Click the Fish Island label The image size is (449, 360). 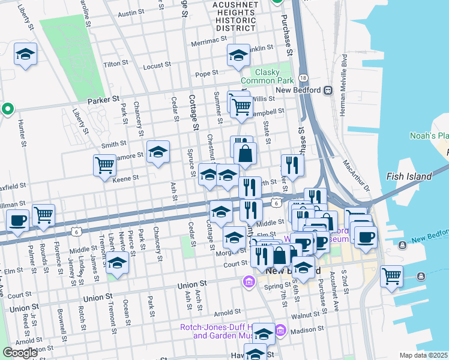click(409, 176)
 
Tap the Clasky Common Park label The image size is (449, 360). click(259, 76)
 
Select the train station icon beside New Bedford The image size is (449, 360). click(328, 91)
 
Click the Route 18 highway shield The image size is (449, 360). click(304, 79)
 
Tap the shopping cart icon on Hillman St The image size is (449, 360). click(43, 214)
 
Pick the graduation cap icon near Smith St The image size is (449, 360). click(158, 152)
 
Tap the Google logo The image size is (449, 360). click(20, 353)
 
